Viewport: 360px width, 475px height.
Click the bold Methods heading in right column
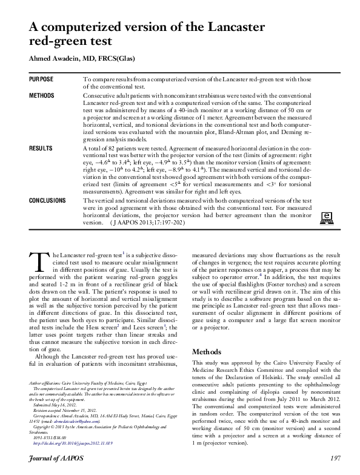pyautogui.click(x=210, y=351)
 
